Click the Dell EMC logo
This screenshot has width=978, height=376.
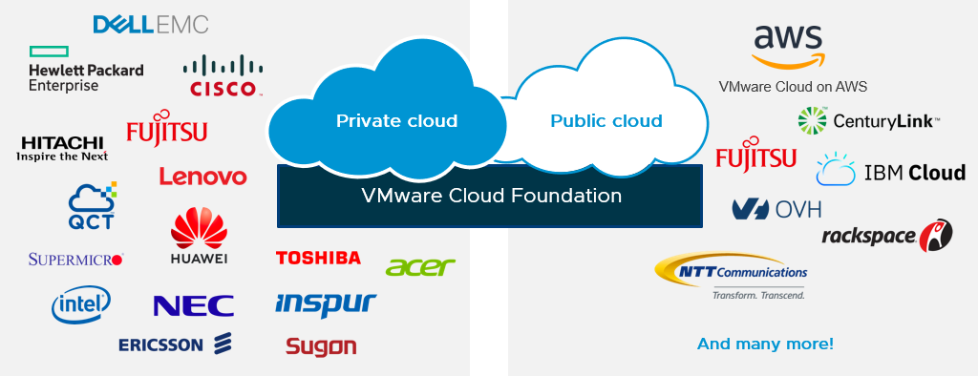coord(150,24)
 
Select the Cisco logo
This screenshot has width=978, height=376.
coord(221,76)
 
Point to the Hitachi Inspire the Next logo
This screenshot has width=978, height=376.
coord(63,148)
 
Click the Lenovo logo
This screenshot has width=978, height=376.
coord(202,177)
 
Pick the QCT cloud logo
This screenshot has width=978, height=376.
coord(92,205)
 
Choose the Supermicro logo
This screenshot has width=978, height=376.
coord(76,259)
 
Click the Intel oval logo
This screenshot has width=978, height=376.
coord(81,304)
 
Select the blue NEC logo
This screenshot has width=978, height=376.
coord(193,305)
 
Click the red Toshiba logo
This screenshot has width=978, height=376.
coord(318,258)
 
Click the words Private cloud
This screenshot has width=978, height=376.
coord(396,121)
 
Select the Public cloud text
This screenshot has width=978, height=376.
coord(606,121)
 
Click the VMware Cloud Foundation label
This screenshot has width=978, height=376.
coord(491,197)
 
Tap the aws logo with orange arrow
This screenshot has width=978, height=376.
coord(788,46)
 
